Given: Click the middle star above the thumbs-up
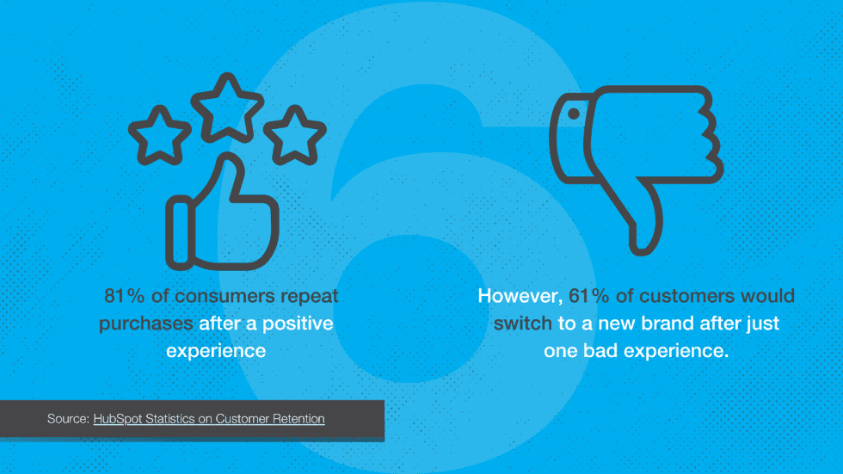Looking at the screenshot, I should tap(227, 104).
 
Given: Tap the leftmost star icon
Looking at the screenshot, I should tap(159, 134).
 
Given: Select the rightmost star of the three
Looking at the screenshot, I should tap(294, 134).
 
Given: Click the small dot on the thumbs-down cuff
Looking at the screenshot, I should tap(572, 112).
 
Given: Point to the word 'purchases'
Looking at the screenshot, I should tap(145, 323).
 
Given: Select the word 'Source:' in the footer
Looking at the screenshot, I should tap(68, 419).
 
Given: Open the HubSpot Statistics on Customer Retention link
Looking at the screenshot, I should tap(209, 419).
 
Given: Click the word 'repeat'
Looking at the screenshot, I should tap(311, 296).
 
